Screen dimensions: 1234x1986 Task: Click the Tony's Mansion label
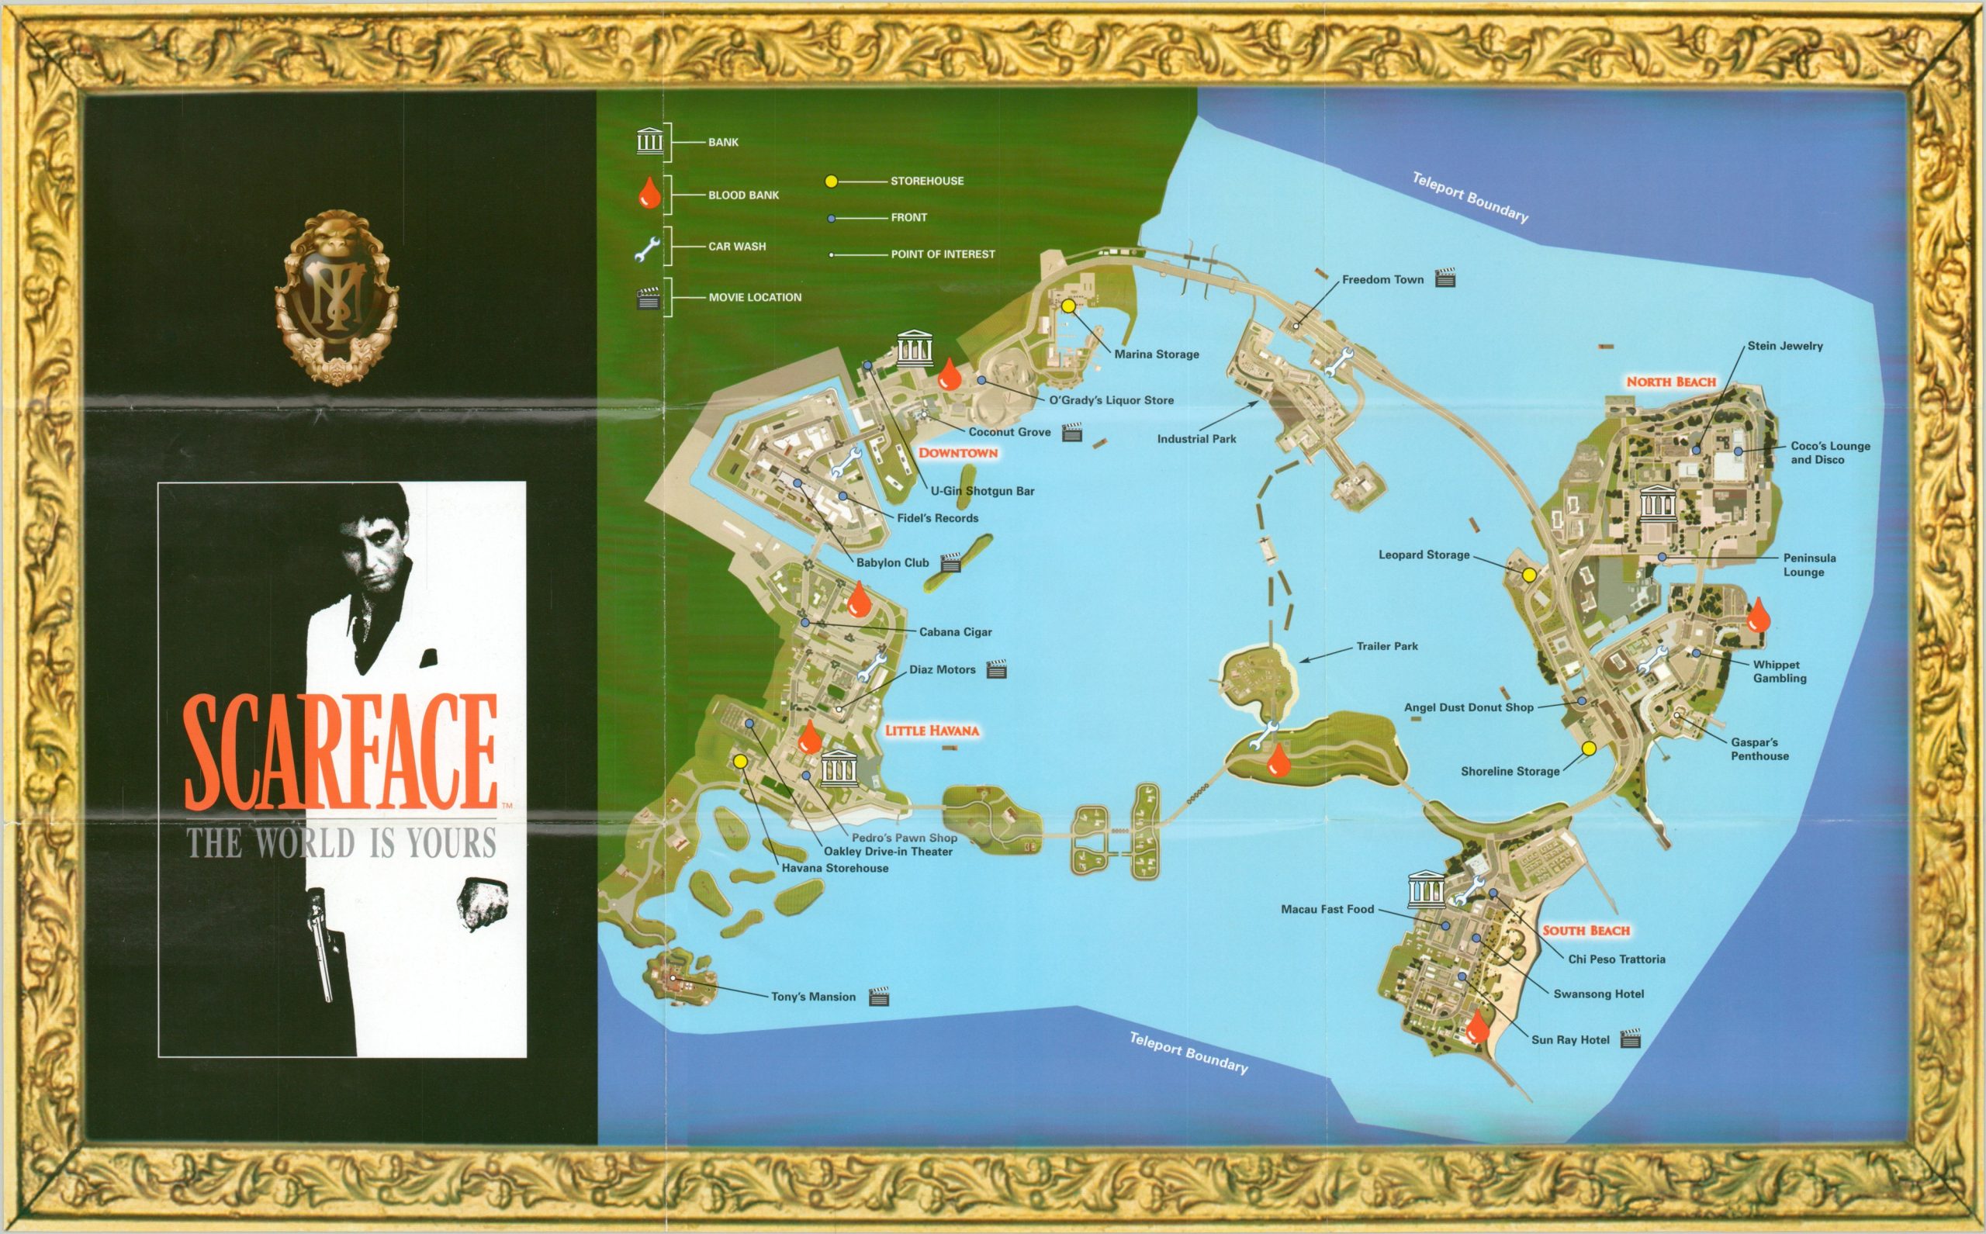pyautogui.click(x=813, y=997)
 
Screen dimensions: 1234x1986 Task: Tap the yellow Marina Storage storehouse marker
pyautogui.click(x=1067, y=306)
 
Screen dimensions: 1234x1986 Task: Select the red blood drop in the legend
pyautogui.click(x=649, y=193)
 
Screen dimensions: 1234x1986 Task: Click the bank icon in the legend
pyautogui.click(x=650, y=141)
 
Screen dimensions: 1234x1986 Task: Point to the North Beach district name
pyautogui.click(x=1670, y=382)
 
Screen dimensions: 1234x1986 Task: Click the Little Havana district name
pyautogui.click(x=932, y=731)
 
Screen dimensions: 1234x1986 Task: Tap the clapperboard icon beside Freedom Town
pyautogui.click(x=1445, y=278)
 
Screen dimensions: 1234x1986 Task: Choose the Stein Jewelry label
pyautogui.click(x=1784, y=346)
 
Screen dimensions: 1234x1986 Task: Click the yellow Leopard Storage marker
pyautogui.click(x=1529, y=576)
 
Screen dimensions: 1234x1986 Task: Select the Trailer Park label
pyautogui.click(x=1387, y=646)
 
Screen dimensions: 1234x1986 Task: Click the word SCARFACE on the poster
pyautogui.click(x=341, y=752)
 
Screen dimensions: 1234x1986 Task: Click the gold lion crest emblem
pyautogui.click(x=337, y=298)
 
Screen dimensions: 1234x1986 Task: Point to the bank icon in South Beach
pyautogui.click(x=1426, y=890)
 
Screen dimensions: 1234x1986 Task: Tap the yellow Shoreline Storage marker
pyautogui.click(x=1589, y=748)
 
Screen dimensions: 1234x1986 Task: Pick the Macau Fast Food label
pyautogui.click(x=1327, y=909)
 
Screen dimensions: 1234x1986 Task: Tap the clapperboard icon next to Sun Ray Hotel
pyautogui.click(x=1630, y=1038)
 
